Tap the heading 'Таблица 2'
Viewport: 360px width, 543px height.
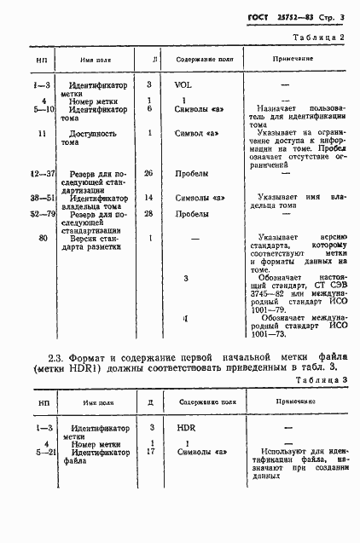click(318, 38)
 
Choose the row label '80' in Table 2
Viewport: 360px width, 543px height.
click(43, 240)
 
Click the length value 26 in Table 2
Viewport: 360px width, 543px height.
click(149, 173)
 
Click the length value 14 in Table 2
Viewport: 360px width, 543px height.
click(149, 198)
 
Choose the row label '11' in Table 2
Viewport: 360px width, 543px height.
click(43, 133)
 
